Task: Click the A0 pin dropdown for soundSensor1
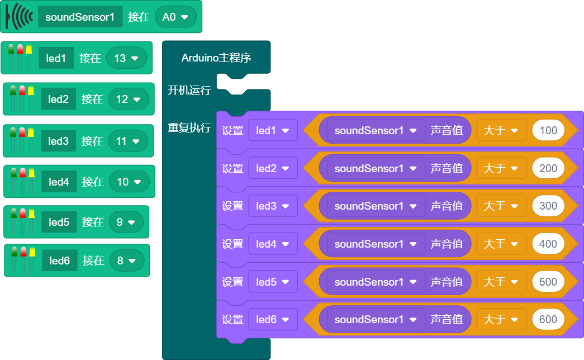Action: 175,17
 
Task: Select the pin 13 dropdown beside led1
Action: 126,58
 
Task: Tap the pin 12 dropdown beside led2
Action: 129,100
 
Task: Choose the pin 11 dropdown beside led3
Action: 129,141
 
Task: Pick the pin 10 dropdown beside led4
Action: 129,182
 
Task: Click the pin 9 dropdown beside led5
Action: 126,222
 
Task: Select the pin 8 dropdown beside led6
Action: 126,260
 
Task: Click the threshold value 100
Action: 548,130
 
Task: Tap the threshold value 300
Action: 548,206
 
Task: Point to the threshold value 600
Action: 548,319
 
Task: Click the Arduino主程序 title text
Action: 216,58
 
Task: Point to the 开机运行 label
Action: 189,90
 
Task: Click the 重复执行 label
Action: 189,127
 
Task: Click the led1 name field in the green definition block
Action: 56,58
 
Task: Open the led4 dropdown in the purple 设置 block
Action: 273,244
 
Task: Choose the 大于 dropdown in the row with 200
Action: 501,168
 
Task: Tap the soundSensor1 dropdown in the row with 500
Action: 376,282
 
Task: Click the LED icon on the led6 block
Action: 23,260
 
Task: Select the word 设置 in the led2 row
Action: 232,168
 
